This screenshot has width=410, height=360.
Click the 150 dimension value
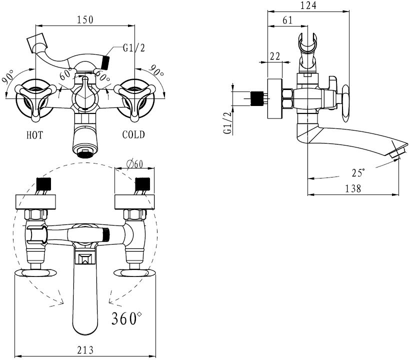coord(85,20)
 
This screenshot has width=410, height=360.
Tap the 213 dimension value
coord(85,350)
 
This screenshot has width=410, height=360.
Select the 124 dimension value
coord(308,5)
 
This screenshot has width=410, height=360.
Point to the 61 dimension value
coord(287,20)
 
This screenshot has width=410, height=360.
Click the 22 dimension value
coord(275,56)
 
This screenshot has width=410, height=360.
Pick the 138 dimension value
coord(353,188)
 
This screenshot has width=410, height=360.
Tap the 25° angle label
coord(358,172)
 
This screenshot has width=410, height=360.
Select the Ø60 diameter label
coord(135,164)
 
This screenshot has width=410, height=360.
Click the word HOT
coord(34,135)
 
